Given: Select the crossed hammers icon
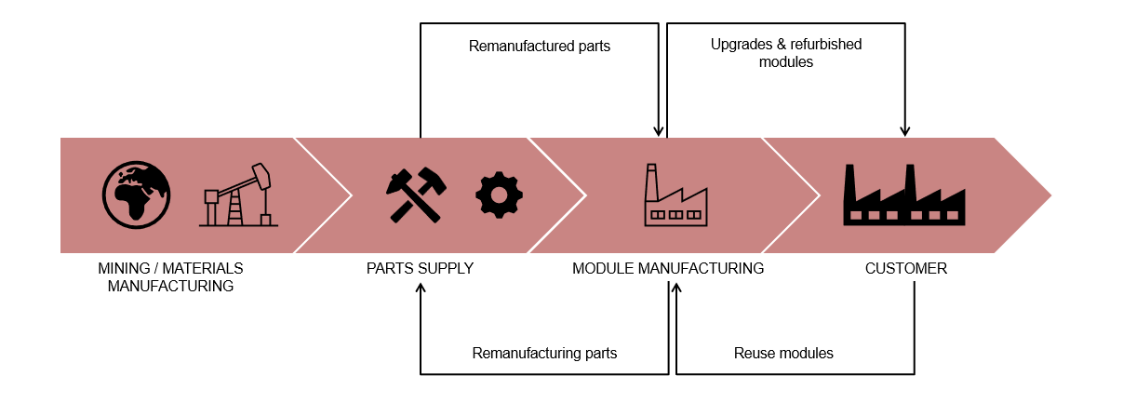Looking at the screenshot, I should tap(416, 195).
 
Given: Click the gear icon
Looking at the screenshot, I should tap(499, 195).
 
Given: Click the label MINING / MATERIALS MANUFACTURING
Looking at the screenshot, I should tap(170, 277).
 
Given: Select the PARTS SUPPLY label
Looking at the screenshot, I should tap(420, 269).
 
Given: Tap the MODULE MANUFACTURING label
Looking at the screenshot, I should tap(668, 269).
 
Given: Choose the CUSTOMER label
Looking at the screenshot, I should tap(906, 269).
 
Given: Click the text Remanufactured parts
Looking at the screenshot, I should tap(540, 46).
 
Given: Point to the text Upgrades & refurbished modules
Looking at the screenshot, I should tap(786, 53).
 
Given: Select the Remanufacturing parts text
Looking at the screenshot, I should tap(544, 354).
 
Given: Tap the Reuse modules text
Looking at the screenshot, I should tap(783, 354).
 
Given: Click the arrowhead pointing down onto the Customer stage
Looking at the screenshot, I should tap(905, 132).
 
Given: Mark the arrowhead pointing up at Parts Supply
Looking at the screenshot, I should tap(421, 289).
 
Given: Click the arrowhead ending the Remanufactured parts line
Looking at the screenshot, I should tap(659, 132).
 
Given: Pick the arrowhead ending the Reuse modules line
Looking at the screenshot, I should tap(676, 289).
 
